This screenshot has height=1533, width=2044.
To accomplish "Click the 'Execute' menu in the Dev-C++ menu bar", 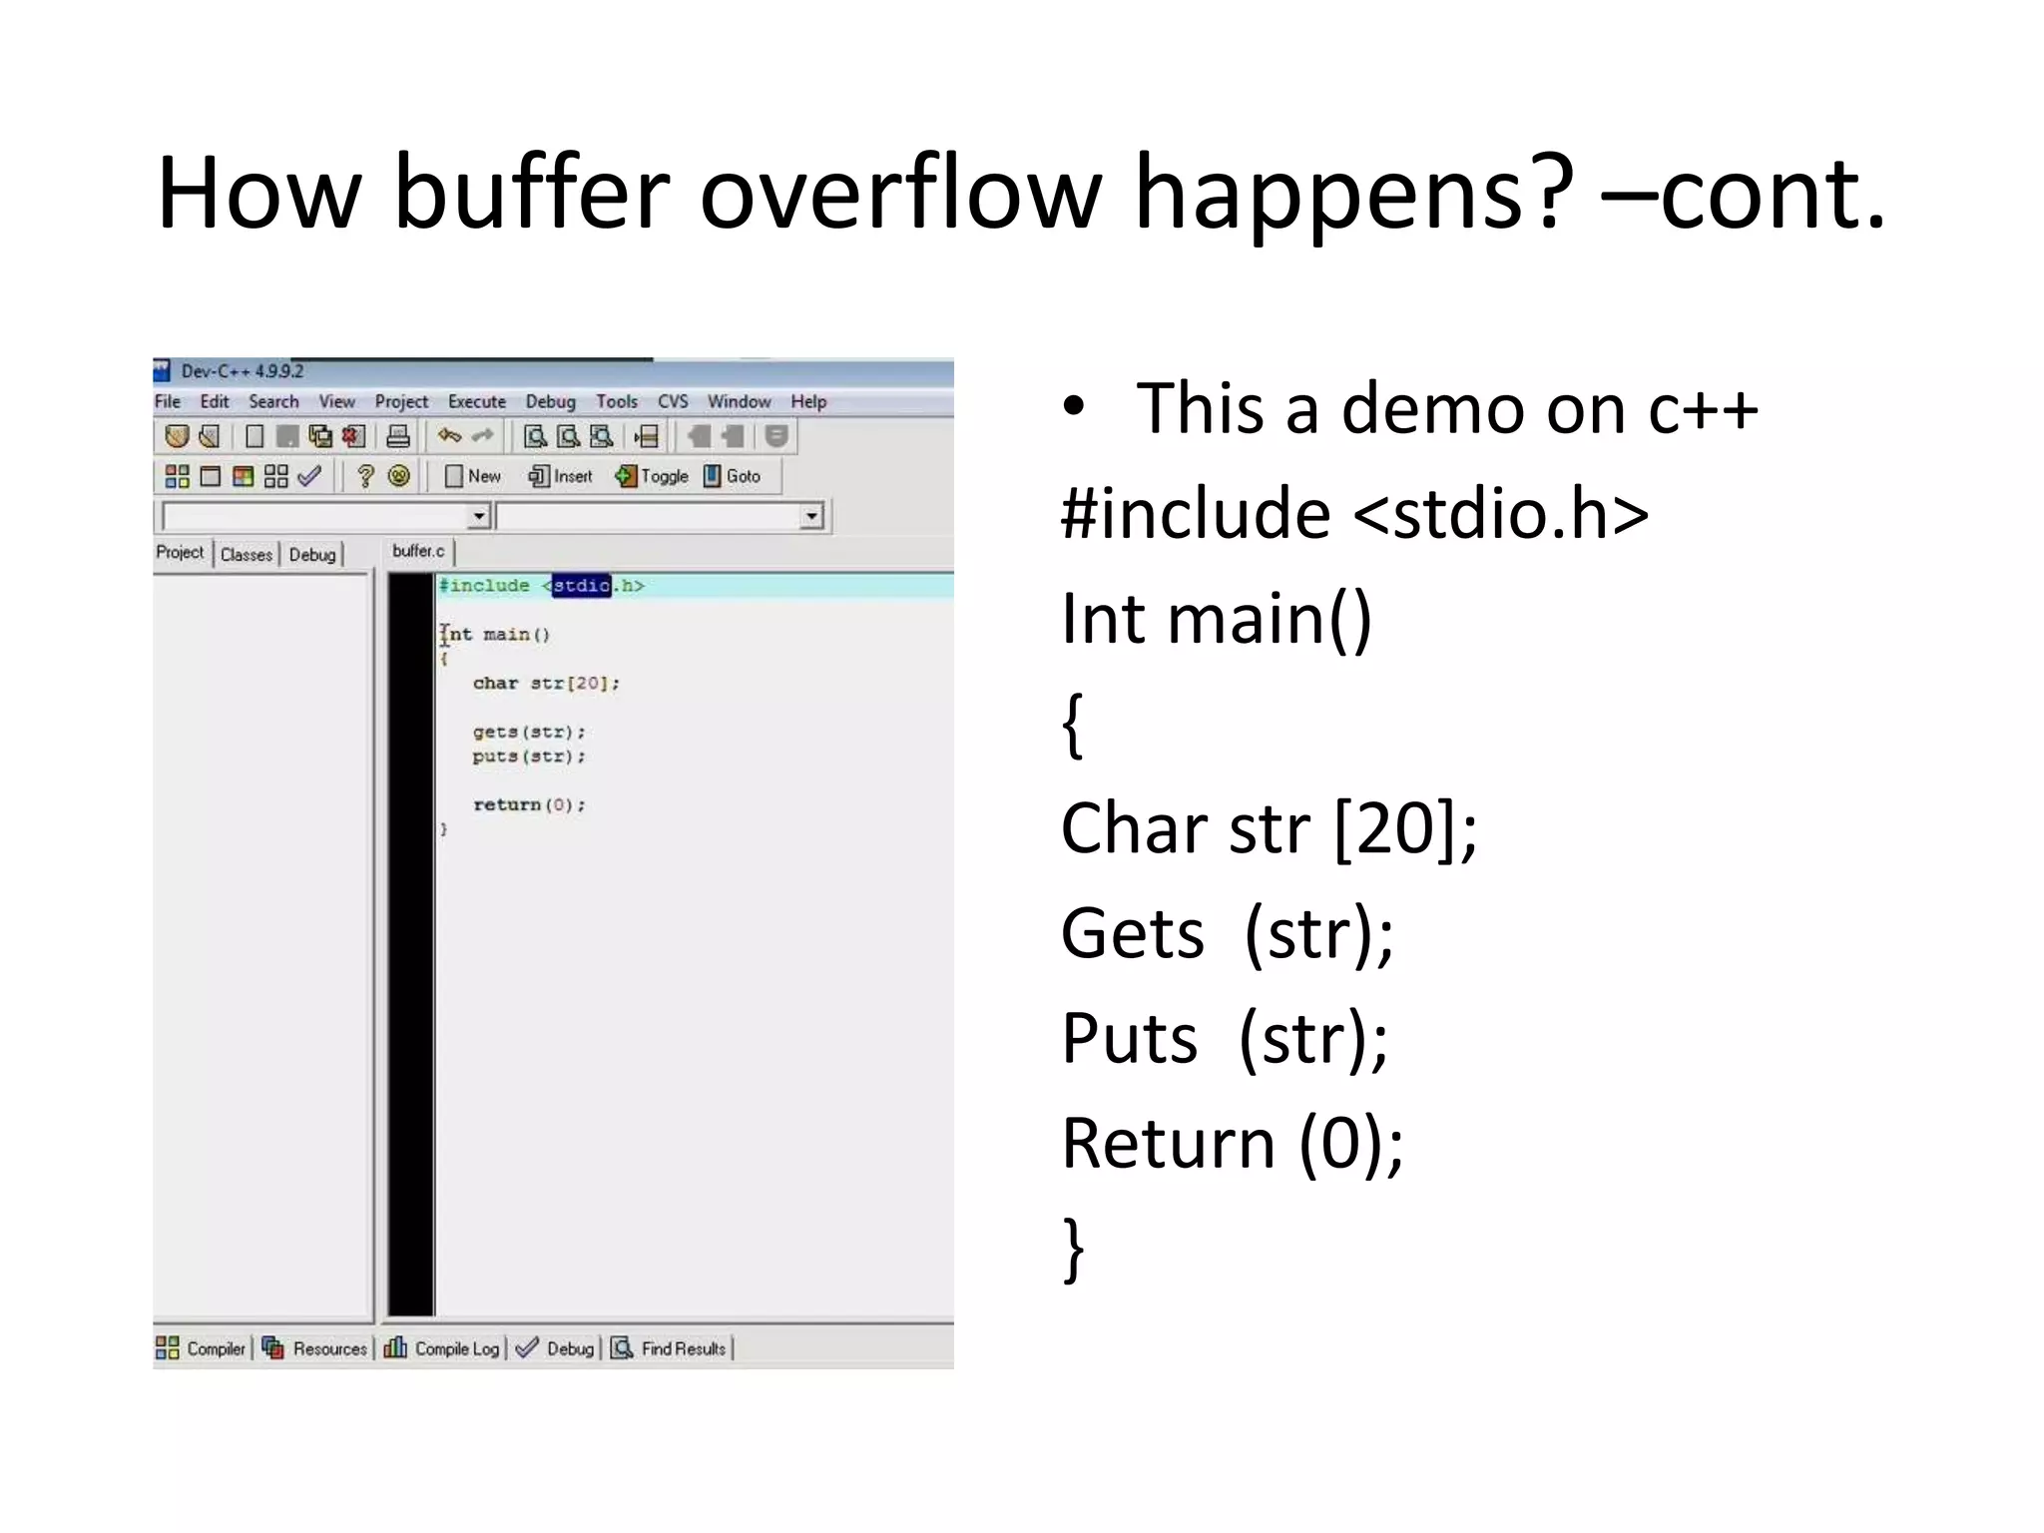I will (x=476, y=401).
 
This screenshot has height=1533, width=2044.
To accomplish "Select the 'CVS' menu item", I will (x=673, y=401).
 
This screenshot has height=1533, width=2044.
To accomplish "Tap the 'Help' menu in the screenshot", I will (x=808, y=401).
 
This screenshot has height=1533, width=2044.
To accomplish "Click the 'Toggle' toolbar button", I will (x=653, y=476).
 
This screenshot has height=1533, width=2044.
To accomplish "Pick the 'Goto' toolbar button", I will (x=733, y=476).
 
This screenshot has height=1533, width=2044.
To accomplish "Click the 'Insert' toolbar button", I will (x=561, y=476).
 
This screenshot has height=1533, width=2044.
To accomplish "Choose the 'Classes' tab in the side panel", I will (x=247, y=554).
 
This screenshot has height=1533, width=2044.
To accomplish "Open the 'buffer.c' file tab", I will (x=418, y=551).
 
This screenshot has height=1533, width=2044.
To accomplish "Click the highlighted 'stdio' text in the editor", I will (x=581, y=586).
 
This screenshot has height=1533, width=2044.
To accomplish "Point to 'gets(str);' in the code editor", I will (x=528, y=732).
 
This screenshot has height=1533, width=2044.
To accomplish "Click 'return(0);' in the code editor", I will (x=528, y=804).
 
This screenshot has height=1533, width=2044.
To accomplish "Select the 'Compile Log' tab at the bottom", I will (x=443, y=1348).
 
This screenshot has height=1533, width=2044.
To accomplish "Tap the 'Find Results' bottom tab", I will (x=670, y=1348).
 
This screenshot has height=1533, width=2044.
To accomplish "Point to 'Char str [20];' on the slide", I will (x=1268, y=829).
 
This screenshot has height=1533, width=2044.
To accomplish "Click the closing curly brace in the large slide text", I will (x=1074, y=1249).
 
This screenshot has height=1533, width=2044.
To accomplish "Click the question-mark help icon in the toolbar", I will (x=365, y=476).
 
